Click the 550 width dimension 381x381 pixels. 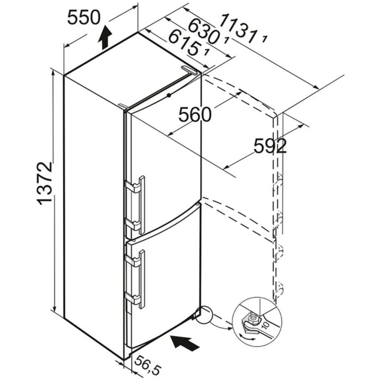(x=84, y=17)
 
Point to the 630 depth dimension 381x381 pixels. (x=202, y=31)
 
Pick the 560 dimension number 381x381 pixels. (x=195, y=115)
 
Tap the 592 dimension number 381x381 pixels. (x=270, y=146)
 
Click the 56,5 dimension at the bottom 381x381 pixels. (x=148, y=365)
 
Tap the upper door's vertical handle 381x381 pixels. (x=142, y=205)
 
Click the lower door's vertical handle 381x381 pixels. (x=142, y=279)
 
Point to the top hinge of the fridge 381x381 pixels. (x=190, y=70)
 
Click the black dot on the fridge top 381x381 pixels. (x=169, y=95)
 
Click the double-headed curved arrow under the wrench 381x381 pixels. (x=247, y=338)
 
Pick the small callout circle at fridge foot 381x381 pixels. (x=204, y=315)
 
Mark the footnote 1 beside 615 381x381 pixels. (x=207, y=52)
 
